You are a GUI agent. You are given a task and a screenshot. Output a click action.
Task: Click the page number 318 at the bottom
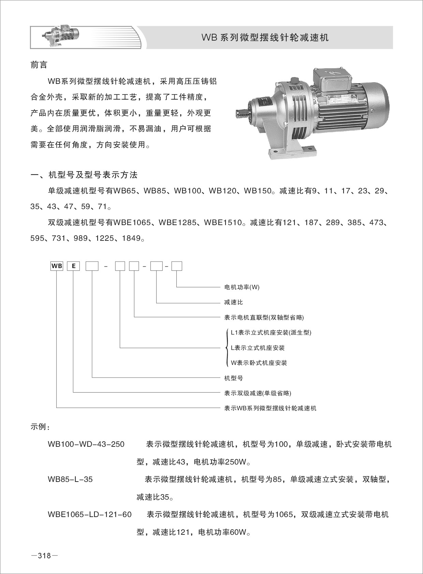[x=44, y=556]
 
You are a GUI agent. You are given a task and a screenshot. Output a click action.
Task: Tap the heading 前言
[x=39, y=65]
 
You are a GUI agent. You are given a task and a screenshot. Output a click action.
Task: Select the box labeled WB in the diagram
[x=57, y=266]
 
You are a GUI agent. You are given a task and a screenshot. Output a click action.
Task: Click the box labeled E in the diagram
[x=73, y=266]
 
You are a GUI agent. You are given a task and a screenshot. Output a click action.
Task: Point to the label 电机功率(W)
[x=242, y=287]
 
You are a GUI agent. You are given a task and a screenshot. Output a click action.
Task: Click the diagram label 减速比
[x=233, y=303]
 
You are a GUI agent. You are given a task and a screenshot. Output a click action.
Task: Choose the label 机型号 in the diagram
[x=233, y=378]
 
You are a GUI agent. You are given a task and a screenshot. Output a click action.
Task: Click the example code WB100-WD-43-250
[x=86, y=444]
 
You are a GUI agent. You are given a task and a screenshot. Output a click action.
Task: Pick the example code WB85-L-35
[x=70, y=480]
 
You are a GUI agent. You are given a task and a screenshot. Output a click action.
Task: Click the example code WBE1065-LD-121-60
[x=90, y=514]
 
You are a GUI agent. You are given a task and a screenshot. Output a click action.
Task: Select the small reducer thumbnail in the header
[x=61, y=36]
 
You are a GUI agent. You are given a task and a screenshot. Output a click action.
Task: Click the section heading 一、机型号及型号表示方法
[x=84, y=175]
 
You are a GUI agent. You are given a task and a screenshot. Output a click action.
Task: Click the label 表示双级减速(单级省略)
[x=258, y=393]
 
